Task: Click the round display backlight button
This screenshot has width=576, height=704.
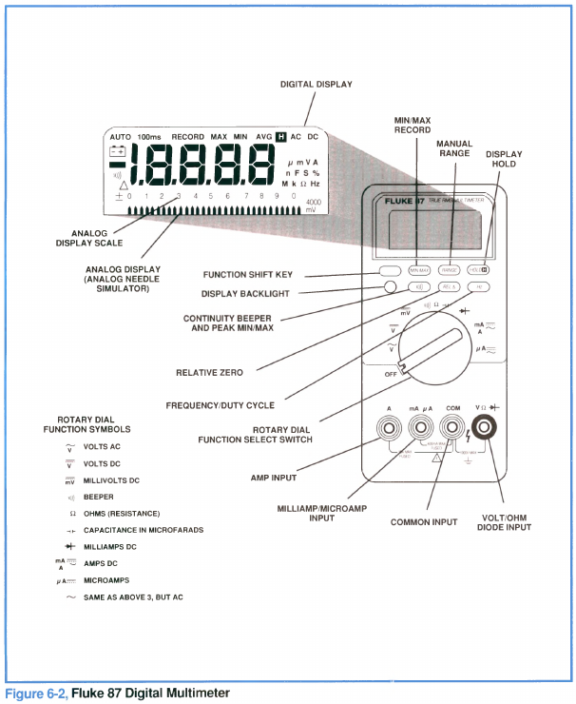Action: [391, 286]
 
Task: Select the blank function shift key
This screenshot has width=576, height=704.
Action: [389, 270]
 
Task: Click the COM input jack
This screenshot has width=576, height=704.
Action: [451, 429]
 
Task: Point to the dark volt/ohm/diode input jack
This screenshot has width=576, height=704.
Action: [484, 429]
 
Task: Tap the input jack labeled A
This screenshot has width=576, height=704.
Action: [389, 429]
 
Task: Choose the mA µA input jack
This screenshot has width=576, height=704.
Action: [420, 429]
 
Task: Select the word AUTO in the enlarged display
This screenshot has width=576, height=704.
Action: [120, 137]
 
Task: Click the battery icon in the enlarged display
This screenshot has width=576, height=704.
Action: [117, 152]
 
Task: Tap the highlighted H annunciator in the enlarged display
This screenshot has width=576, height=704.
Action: [280, 137]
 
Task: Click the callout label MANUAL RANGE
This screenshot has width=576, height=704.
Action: [454, 148]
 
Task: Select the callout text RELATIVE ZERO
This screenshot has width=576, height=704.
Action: [209, 372]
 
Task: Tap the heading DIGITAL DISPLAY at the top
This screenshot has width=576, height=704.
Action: [317, 85]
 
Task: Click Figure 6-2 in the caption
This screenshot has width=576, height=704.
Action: [36, 693]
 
